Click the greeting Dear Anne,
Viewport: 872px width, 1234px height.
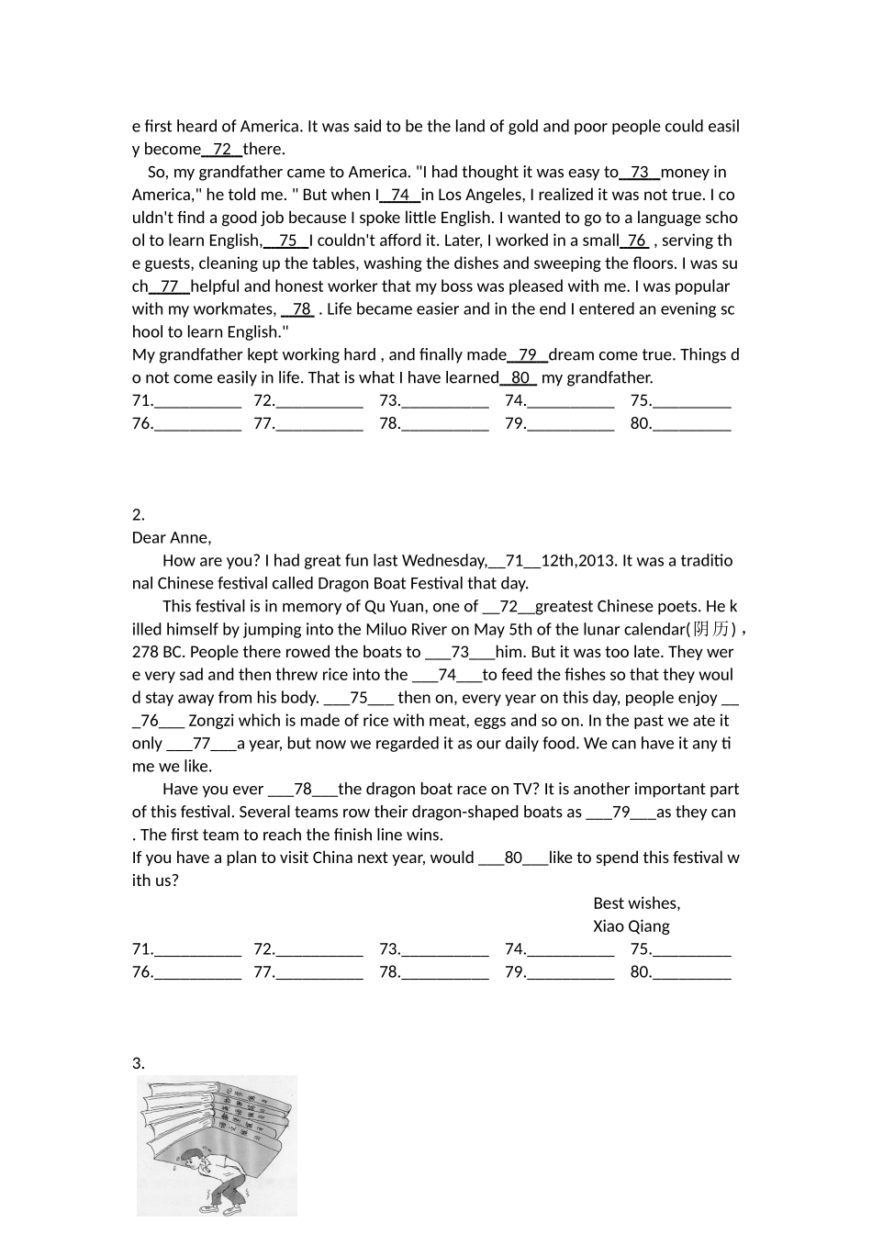[x=172, y=538]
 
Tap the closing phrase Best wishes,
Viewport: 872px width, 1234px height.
[x=636, y=903]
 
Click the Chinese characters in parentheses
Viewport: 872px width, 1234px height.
[x=713, y=629]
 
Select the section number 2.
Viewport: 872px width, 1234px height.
[x=138, y=515]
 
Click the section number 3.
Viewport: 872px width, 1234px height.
[x=138, y=1063]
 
